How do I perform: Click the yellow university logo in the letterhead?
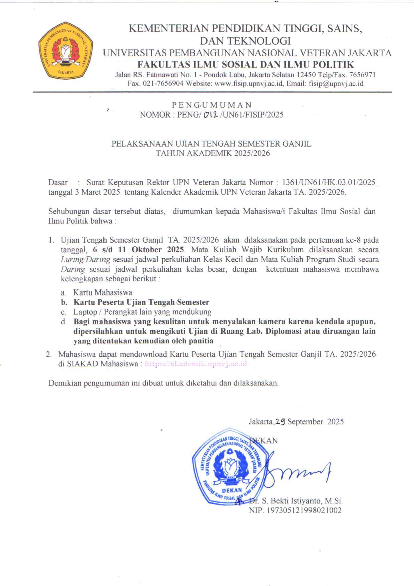tap(65, 50)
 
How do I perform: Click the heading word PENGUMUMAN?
tap(212, 105)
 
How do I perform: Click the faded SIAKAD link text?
tap(196, 364)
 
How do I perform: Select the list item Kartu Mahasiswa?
tap(103, 292)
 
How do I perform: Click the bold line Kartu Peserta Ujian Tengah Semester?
tap(141, 302)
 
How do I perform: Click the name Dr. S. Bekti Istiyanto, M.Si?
tap(296, 501)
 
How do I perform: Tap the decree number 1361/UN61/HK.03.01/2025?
tap(329, 182)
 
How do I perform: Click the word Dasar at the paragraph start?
tap(58, 182)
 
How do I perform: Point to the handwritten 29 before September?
tap(280, 422)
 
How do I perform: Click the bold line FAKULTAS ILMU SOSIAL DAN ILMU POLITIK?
tap(246, 64)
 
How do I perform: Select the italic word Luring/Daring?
tap(85, 259)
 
